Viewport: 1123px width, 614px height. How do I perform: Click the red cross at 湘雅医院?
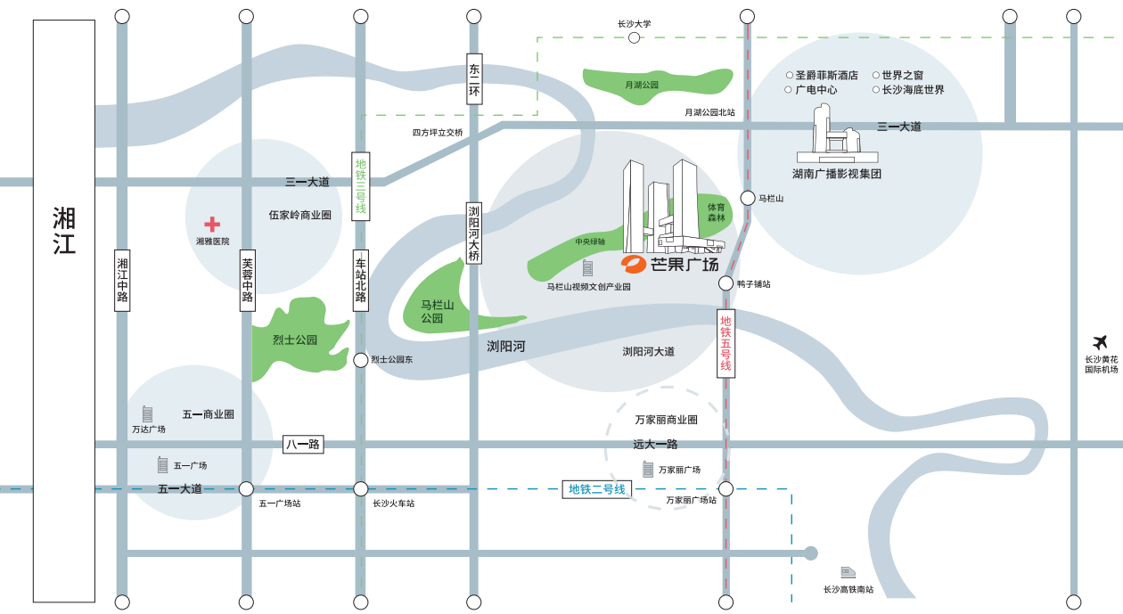[x=212, y=224]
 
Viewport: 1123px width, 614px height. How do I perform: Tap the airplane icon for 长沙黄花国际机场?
[x=1100, y=343]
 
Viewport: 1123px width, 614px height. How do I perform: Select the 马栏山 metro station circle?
[x=748, y=198]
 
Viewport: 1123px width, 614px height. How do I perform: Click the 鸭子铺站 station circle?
[x=725, y=283]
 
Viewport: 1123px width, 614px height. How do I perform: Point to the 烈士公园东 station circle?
[x=360, y=360]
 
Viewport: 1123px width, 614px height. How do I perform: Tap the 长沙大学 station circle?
[x=635, y=37]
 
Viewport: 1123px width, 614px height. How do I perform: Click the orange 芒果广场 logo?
[x=633, y=264]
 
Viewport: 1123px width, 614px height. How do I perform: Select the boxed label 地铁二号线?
[x=596, y=489]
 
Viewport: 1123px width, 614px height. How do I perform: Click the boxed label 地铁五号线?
[x=725, y=343]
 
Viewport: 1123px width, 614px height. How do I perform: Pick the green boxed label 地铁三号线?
[x=361, y=186]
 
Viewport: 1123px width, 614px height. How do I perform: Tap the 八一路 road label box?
[x=303, y=444]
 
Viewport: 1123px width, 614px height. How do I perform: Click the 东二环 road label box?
[x=474, y=79]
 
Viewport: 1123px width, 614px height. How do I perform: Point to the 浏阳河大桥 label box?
[x=474, y=233]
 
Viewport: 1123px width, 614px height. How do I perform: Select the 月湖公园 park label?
[x=642, y=86]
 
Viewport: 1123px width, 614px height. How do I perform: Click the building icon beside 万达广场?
[x=147, y=414]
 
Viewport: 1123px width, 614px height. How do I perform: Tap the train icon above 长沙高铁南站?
[x=848, y=572]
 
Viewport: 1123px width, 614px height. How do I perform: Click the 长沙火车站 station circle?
[x=360, y=488]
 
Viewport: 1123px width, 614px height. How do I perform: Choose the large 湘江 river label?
[x=64, y=231]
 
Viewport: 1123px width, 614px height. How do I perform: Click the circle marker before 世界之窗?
[x=876, y=75]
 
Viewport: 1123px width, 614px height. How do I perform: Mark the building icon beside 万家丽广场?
[x=648, y=469]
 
